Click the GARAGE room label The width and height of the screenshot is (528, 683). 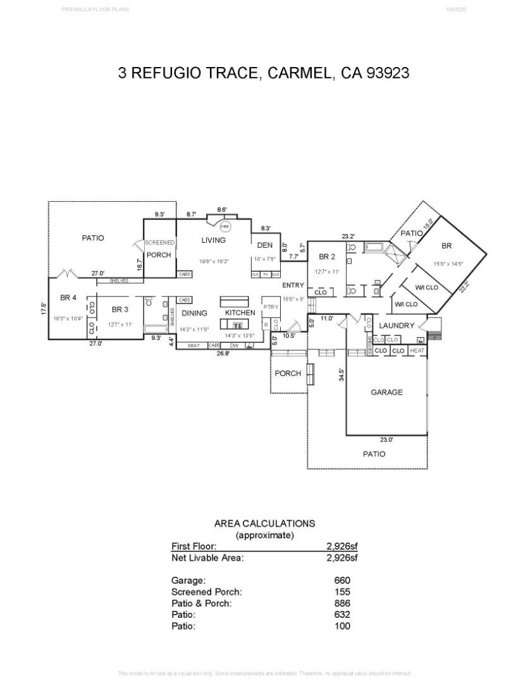(386, 392)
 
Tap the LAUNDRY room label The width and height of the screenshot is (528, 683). (396, 326)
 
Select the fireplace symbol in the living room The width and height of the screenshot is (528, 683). (225, 226)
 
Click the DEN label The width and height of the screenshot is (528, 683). (264, 245)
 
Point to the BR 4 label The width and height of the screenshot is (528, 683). (68, 297)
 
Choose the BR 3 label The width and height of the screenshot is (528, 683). (120, 309)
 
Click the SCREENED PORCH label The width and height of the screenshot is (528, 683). (159, 249)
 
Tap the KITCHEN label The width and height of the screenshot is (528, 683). (240, 312)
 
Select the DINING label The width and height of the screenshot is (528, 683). (194, 312)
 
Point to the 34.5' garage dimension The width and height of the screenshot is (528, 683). (341, 375)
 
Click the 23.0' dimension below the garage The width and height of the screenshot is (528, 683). (386, 440)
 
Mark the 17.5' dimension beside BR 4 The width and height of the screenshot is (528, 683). (44, 308)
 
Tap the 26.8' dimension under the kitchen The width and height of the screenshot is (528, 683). (223, 354)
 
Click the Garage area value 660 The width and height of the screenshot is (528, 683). (342, 580)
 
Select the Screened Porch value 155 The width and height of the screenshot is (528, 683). (342, 592)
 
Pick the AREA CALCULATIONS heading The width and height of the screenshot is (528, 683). (264, 524)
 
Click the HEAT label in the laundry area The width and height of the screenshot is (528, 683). (417, 350)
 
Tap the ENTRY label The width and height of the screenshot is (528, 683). (293, 285)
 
